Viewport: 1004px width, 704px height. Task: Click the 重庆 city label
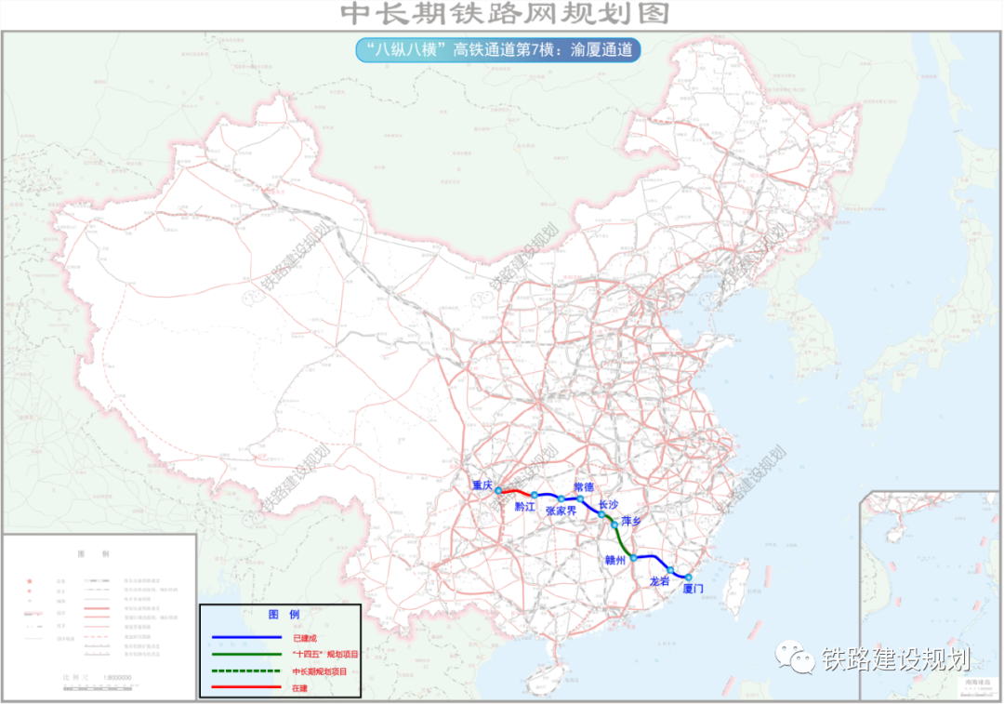pos(481,485)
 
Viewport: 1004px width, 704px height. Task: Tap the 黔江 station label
pos(525,507)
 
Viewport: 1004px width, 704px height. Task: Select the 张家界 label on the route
pos(562,511)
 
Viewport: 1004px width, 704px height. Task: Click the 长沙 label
pos(609,504)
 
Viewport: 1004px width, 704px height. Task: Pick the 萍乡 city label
pos(631,522)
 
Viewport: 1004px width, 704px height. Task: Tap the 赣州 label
pos(615,560)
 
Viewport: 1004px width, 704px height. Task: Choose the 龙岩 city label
pos(659,580)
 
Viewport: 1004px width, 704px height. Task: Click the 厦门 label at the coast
pos(693,589)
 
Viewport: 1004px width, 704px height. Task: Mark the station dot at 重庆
pos(498,490)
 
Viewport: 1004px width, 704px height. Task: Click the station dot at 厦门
pos(689,578)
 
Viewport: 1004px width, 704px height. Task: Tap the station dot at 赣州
pos(633,558)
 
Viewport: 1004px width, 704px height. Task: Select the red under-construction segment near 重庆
pos(516,491)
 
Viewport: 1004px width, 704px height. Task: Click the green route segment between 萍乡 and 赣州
pos(623,541)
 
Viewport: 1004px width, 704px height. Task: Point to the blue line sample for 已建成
pos(246,638)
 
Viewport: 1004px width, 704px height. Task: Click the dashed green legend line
pos(246,671)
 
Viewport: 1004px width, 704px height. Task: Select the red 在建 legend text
pos(299,687)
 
